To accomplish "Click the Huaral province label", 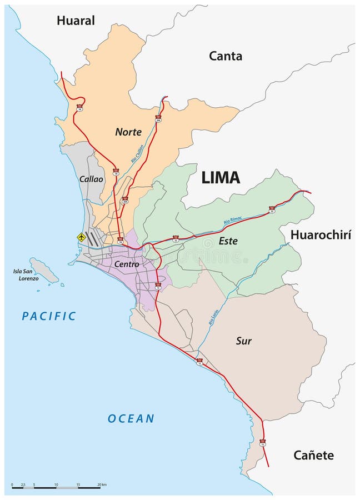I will click(x=76, y=21).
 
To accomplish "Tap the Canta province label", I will click(x=226, y=56).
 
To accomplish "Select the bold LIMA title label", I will click(x=221, y=177).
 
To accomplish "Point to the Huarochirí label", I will click(x=321, y=235).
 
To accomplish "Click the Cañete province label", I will click(x=313, y=456).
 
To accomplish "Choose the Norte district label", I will click(x=128, y=132).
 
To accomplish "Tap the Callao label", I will click(x=91, y=179).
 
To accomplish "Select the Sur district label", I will click(x=244, y=341).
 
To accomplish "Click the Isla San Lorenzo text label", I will click(x=26, y=274).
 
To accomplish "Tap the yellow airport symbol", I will click(x=82, y=237).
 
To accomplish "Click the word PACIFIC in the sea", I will click(x=49, y=316).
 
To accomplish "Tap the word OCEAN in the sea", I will click(x=131, y=418).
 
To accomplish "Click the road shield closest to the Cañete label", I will click(x=262, y=442).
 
